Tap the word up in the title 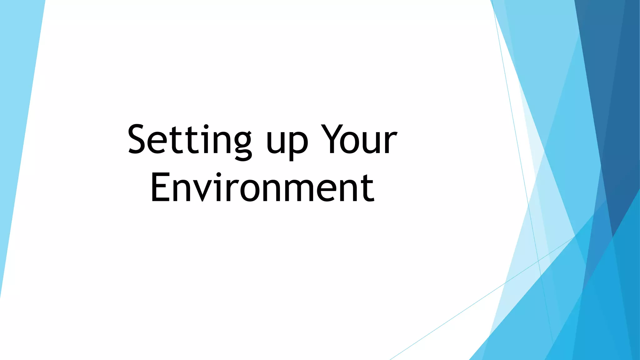(287, 142)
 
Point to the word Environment (262, 187)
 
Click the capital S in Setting (142, 139)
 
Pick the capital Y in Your (332, 139)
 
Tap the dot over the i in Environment (219, 174)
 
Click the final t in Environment (367, 187)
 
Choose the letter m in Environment (302, 191)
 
